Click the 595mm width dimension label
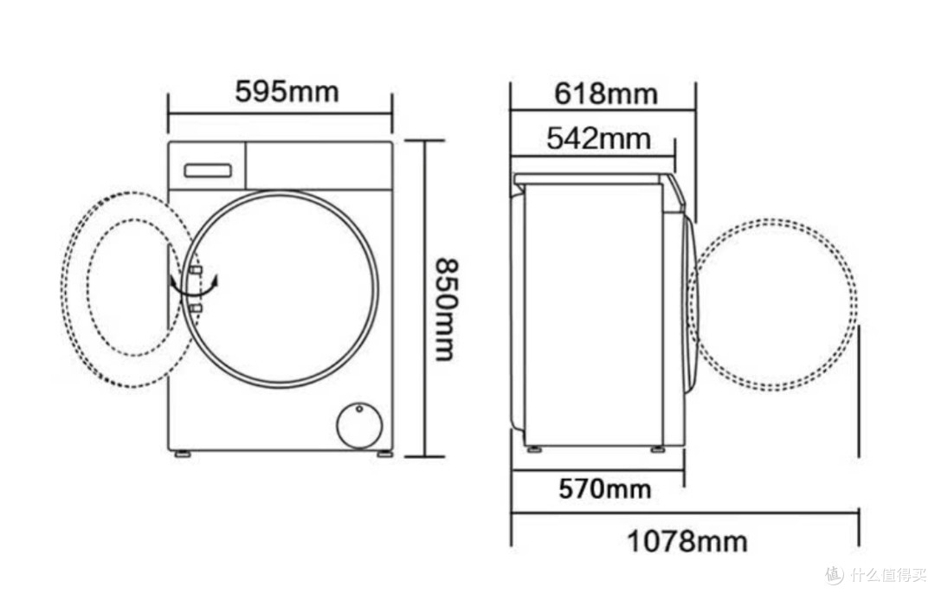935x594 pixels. (287, 92)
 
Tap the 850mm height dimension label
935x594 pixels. (445, 309)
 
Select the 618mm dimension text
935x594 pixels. (606, 94)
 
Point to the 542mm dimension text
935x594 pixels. (599, 139)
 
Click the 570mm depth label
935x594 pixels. (604, 489)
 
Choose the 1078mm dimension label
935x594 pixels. (687, 541)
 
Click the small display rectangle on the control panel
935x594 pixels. (208, 171)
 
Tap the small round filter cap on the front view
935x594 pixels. (358, 426)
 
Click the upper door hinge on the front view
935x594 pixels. (196, 271)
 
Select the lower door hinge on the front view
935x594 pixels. (196, 307)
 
